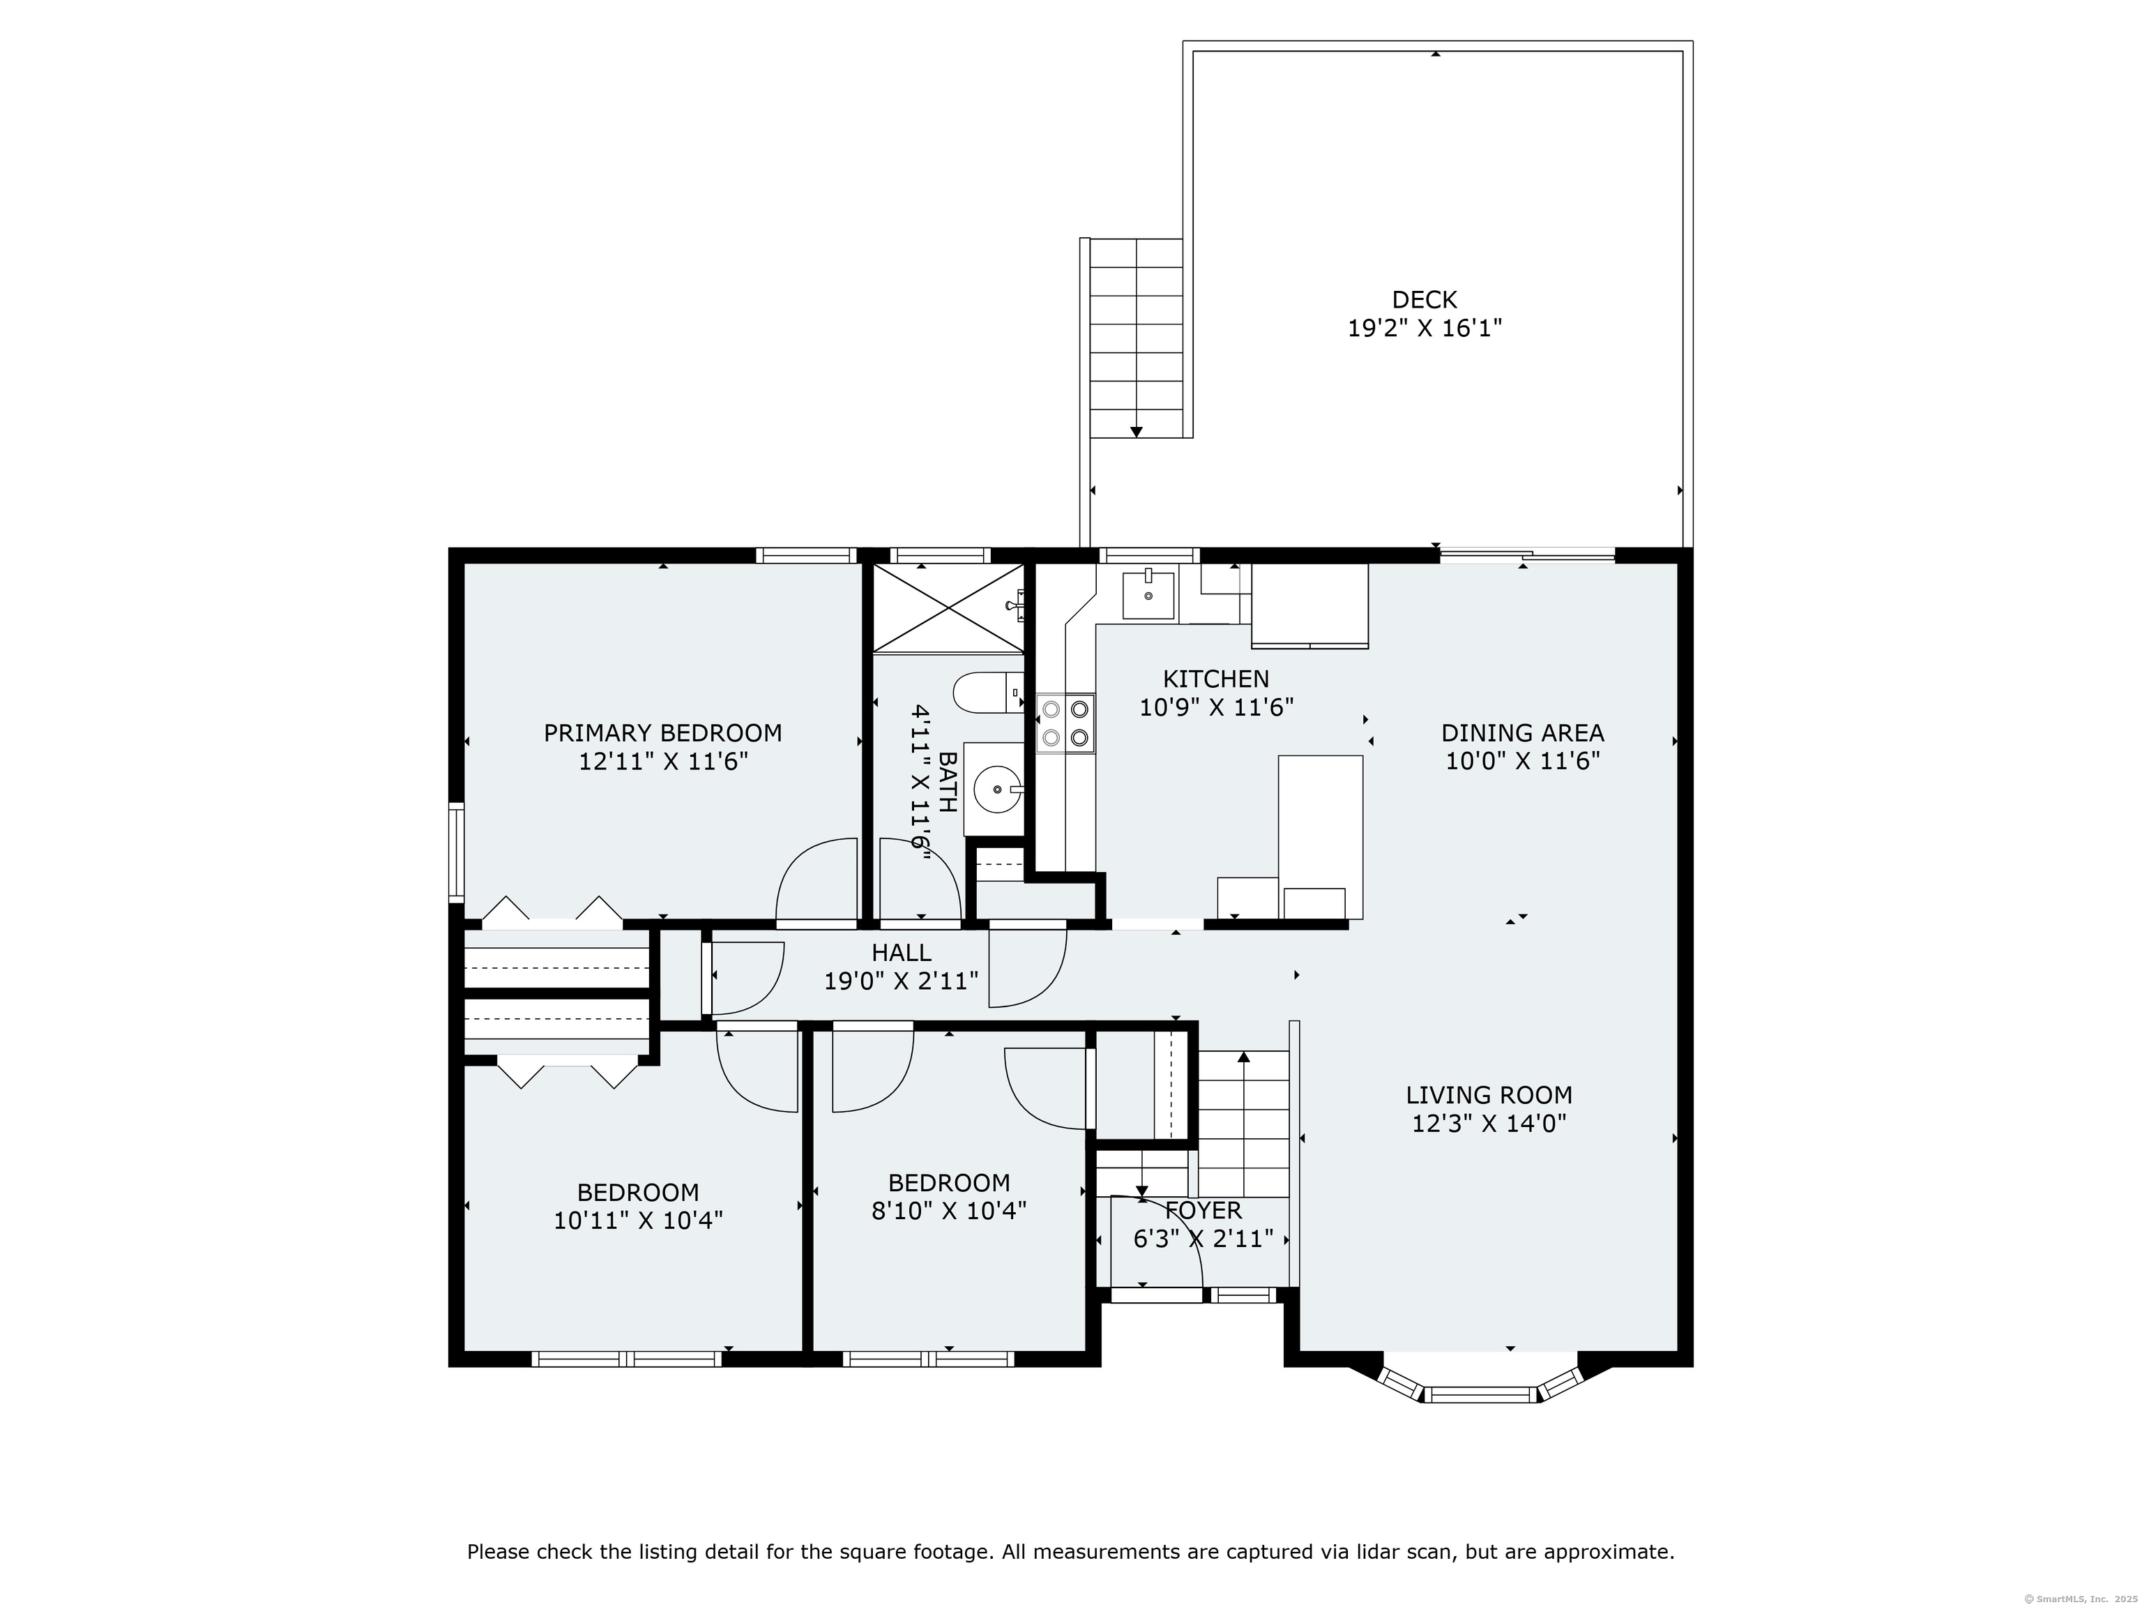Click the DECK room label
click(x=1424, y=301)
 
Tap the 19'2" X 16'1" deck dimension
click(x=1424, y=329)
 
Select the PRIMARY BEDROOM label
click(x=662, y=733)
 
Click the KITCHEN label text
click(x=1215, y=679)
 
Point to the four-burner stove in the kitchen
click(x=1065, y=723)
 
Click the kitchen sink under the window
click(x=1148, y=595)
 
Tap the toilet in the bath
click(x=988, y=693)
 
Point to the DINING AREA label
click(x=1522, y=733)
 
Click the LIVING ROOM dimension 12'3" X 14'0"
click(x=1489, y=1124)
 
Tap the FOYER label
click(x=1203, y=1210)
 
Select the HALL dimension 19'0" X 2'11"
click(x=901, y=981)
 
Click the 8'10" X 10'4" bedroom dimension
click(x=948, y=1211)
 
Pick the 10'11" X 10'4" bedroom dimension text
click(x=638, y=1221)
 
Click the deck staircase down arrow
click(x=1136, y=431)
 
